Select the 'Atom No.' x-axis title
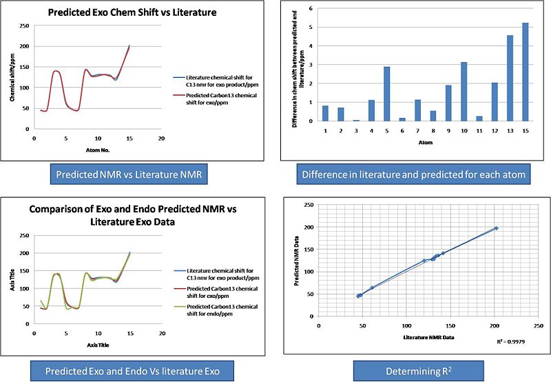98,150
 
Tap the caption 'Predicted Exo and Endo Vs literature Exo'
132,371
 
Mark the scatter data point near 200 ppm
496,228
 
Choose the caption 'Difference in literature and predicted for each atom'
413,175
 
